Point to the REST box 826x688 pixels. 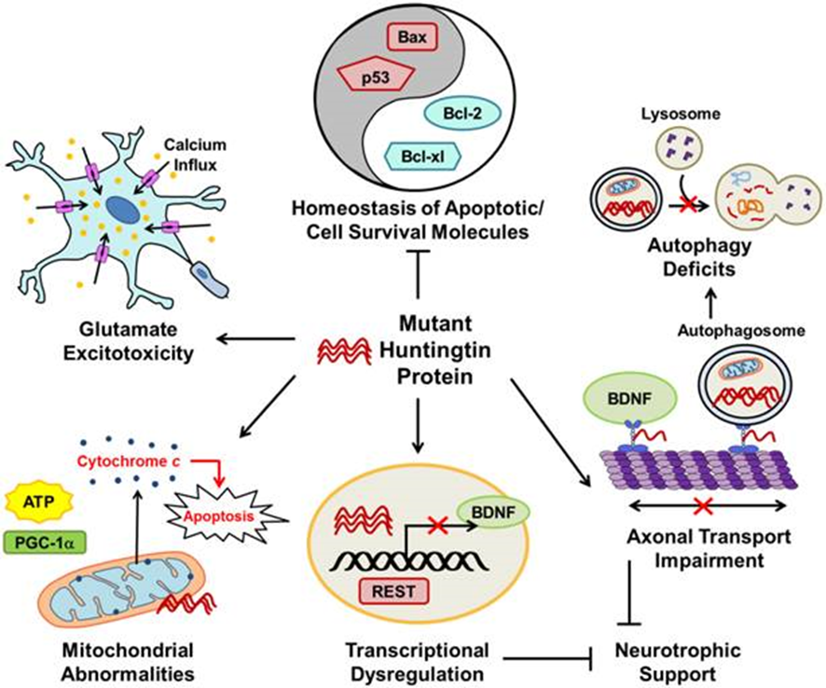pyautogui.click(x=390, y=588)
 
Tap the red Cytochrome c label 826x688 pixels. pyautogui.click(x=131, y=461)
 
